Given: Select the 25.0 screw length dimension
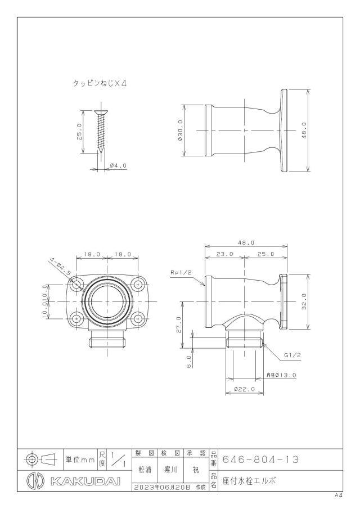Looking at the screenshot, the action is pyautogui.click(x=79, y=132).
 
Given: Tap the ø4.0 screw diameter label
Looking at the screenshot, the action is pyautogui.click(x=118, y=166).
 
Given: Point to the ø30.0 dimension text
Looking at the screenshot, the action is pyautogui.click(x=180, y=130).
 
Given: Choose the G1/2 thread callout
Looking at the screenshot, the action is pyautogui.click(x=292, y=355).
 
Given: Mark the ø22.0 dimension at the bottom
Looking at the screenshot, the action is pyautogui.click(x=245, y=389).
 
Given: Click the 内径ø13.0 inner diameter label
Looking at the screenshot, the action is pyautogui.click(x=281, y=375).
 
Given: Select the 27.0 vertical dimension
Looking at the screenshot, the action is pyautogui.click(x=178, y=325).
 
